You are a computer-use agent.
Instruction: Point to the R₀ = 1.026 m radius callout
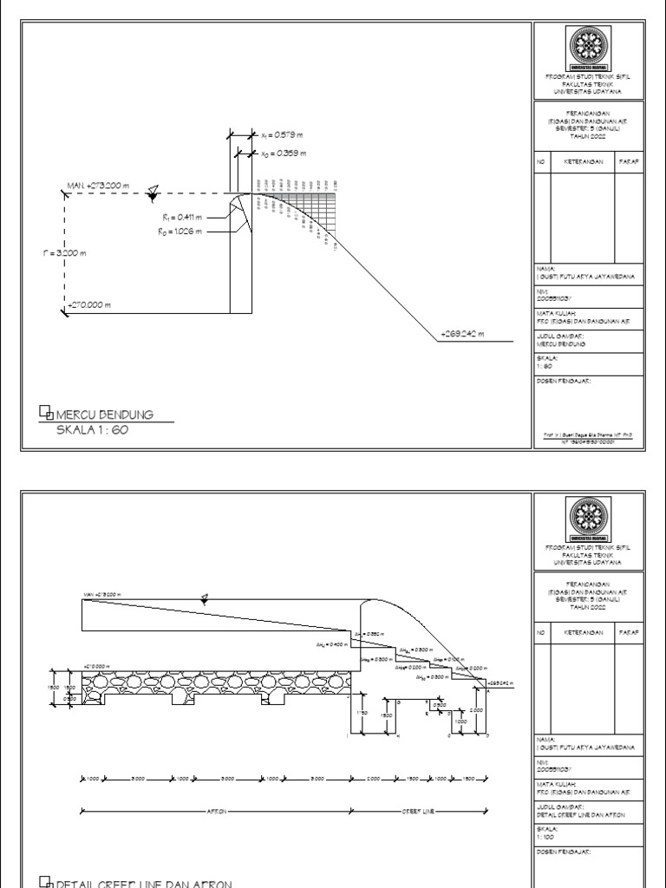pos(181,232)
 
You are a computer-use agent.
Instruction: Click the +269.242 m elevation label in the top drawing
pos(463,333)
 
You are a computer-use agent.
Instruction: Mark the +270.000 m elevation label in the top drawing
pos(95,304)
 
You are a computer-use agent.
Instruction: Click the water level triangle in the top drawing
pos(153,190)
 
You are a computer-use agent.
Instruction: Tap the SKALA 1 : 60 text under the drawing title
pos(92,430)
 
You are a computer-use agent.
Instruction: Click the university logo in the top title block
pos(587,48)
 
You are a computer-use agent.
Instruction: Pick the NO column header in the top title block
pos(540,161)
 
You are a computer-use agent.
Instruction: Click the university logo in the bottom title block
pos(587,519)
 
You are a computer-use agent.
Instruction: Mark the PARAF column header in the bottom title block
pos(630,633)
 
